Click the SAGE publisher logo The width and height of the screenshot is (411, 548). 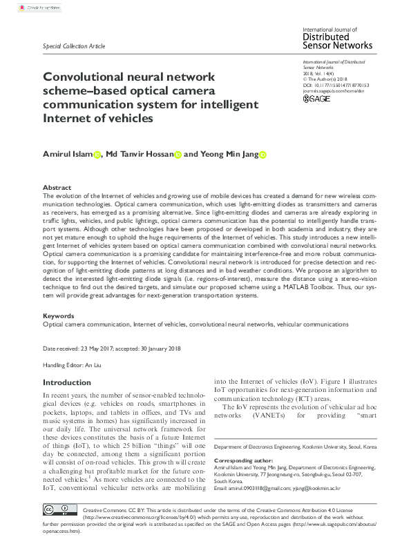[316, 99]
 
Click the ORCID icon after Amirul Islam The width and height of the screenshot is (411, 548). [97, 155]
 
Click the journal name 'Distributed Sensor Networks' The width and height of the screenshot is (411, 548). [337, 41]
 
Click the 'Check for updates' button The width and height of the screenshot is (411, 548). [35, 8]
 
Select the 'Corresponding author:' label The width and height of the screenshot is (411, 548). [240, 460]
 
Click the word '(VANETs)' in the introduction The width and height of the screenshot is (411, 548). [279, 416]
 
